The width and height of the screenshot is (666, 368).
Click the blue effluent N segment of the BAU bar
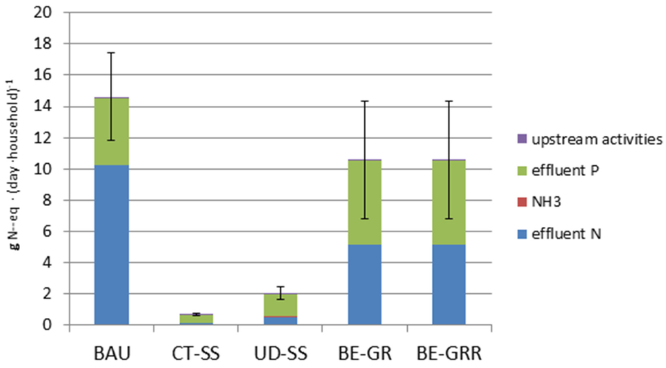(x=111, y=244)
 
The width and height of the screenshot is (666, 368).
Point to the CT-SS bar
(x=196, y=319)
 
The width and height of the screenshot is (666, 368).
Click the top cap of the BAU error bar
(x=111, y=53)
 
